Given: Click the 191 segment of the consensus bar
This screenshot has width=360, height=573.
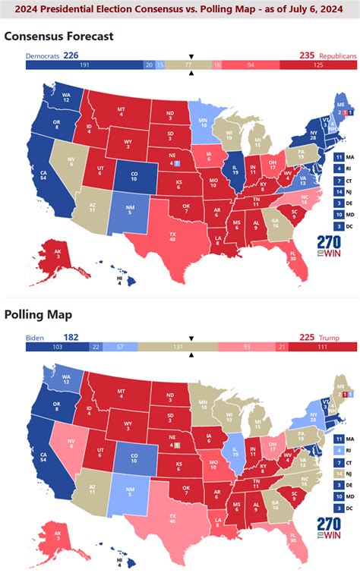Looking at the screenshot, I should click(84, 66).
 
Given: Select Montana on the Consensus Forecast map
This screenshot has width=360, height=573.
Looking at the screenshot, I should click(120, 112).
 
